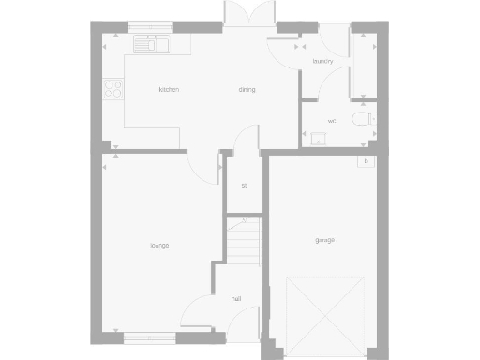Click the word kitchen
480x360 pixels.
coord(169,90)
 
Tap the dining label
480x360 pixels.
coord(247,90)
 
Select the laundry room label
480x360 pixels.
coord(323,61)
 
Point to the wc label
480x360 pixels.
coord(332,122)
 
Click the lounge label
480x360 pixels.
coord(159,246)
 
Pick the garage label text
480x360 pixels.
coord(325,240)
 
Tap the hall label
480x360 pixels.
coord(236,298)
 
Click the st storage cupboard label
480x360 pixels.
coord(244,186)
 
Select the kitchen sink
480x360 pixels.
coord(150,44)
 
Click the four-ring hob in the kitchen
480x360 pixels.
coord(113,90)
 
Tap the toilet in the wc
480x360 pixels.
coord(362,119)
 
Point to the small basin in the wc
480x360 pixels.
coord(318,140)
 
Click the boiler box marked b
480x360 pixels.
coord(367,161)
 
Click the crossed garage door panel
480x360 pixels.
coord(324,308)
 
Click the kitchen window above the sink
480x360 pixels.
coord(150,26)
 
